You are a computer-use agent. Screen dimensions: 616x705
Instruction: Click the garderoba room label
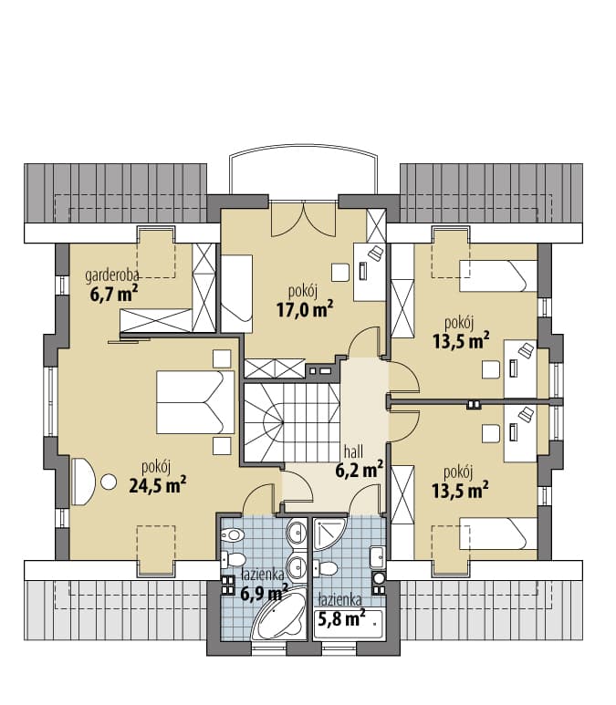(111, 275)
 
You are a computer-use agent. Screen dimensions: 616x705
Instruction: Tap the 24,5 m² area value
(158, 484)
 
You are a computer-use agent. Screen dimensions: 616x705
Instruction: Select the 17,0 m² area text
(305, 309)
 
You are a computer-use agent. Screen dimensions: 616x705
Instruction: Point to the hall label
(353, 451)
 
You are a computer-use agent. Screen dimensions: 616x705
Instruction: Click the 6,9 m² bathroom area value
(264, 594)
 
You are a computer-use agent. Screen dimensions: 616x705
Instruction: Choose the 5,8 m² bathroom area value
(341, 619)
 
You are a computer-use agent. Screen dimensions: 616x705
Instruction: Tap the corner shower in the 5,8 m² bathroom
(329, 534)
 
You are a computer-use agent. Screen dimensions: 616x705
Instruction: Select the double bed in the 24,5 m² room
(195, 402)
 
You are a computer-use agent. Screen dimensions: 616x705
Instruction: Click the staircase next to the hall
(292, 422)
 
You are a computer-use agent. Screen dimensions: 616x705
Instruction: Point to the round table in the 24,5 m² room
(109, 482)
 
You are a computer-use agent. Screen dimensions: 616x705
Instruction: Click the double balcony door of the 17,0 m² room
(304, 219)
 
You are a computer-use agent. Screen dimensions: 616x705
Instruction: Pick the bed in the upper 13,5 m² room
(498, 276)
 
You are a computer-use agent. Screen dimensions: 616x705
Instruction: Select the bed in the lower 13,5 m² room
(498, 534)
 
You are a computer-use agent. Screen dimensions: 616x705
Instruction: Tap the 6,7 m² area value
(114, 295)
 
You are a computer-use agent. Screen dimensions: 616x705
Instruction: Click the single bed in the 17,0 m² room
(236, 294)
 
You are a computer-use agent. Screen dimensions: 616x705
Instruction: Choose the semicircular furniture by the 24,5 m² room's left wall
(83, 482)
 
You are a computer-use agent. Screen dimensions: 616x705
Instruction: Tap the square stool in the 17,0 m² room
(340, 272)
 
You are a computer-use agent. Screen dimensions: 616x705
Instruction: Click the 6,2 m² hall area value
(359, 470)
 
